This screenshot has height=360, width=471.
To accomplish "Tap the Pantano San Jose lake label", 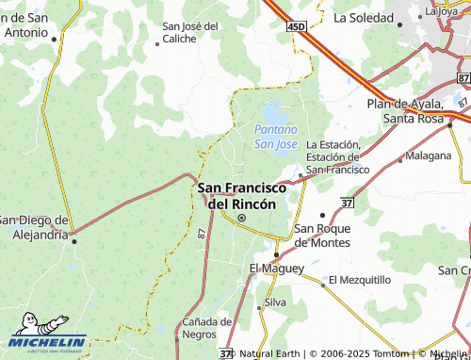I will pyautogui.click(x=275, y=136).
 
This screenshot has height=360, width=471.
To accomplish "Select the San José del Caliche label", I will pyautogui.click(x=191, y=32).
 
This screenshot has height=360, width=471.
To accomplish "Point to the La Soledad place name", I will pyautogui.click(x=364, y=17).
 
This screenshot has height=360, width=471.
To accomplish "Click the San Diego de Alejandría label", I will pyautogui.click(x=35, y=227).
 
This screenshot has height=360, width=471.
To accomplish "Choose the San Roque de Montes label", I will pyautogui.click(x=322, y=235).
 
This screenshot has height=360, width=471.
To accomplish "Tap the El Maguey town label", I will pyautogui.click(x=276, y=269).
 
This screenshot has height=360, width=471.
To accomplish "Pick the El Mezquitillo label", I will pyautogui.click(x=359, y=280).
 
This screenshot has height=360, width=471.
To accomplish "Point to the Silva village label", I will pyautogui.click(x=275, y=303).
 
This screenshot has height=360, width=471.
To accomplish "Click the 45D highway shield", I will pyautogui.click(x=297, y=28).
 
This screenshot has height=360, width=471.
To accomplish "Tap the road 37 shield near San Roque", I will pyautogui.click(x=348, y=203).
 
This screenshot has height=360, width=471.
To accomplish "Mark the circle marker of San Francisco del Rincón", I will pyautogui.click(x=241, y=219).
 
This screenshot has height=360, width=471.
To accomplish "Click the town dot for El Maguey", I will pyautogui.click(x=275, y=254).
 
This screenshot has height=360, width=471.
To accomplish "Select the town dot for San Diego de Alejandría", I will pyautogui.click(x=74, y=239).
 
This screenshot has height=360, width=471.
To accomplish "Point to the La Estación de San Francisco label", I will pyautogui.click(x=338, y=156).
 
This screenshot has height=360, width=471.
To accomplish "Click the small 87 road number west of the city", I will pyautogui.click(x=203, y=233).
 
